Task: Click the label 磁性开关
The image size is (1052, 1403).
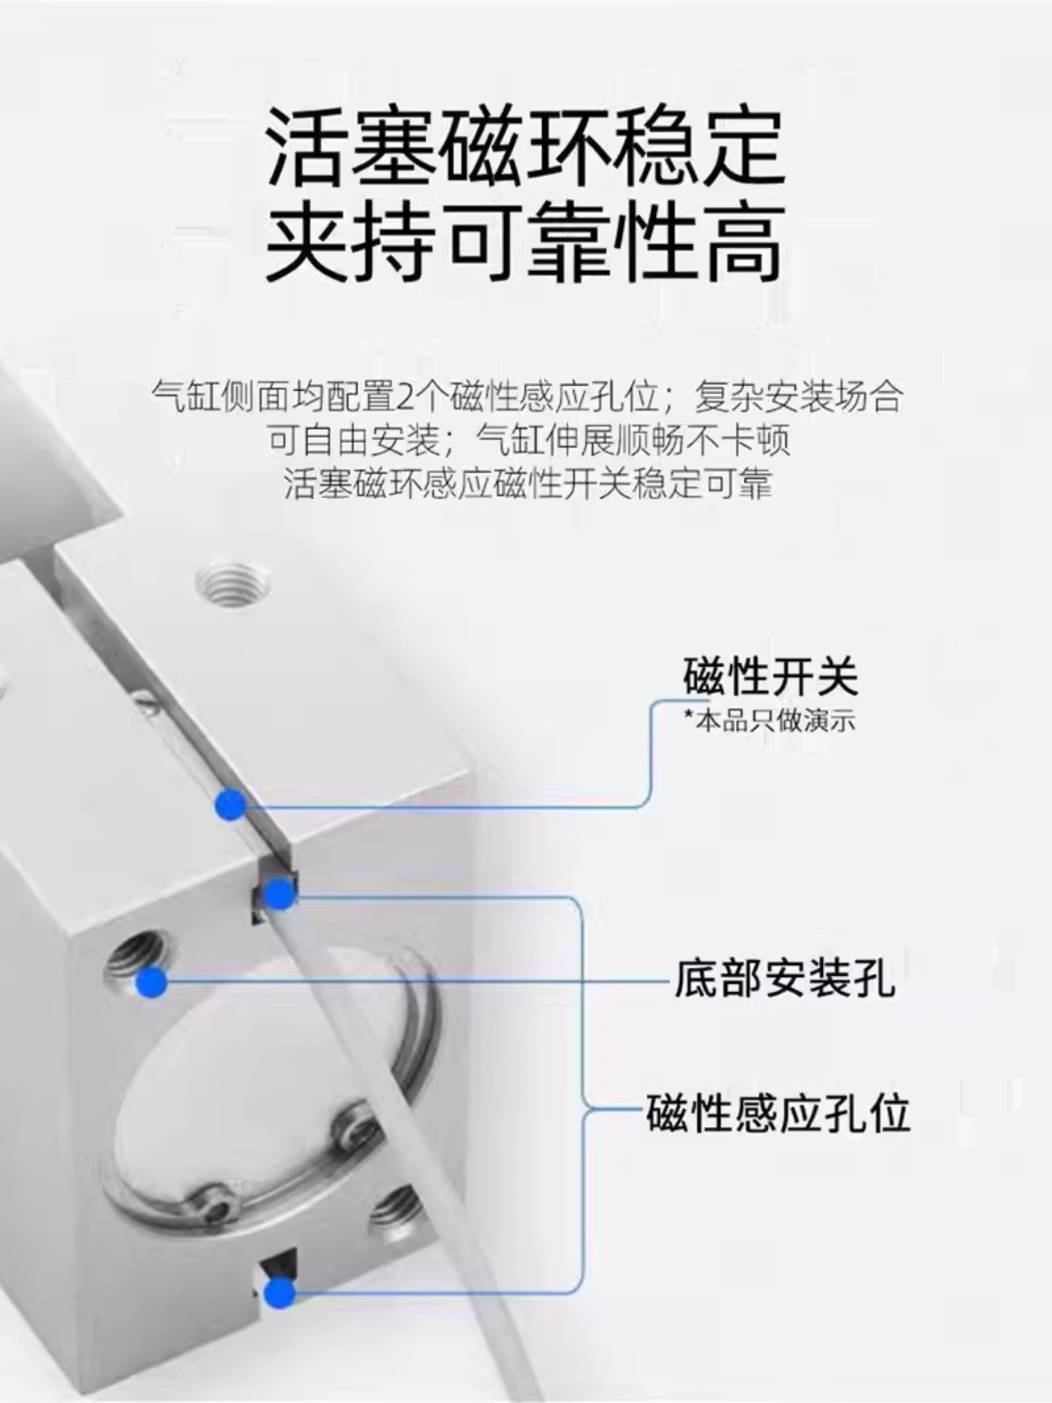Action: point(770,676)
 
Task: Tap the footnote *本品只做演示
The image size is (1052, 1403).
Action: point(769,721)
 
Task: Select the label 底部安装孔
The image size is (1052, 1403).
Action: point(785,979)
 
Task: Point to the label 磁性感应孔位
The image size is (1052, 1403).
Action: point(778,1114)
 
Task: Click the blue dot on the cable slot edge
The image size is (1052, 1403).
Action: point(231,804)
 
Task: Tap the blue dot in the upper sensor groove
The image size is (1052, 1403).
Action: point(280,894)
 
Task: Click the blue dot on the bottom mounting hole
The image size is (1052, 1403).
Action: point(152,982)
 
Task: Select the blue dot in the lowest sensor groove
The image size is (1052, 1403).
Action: point(280,1290)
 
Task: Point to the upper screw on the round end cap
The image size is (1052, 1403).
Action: point(356,1122)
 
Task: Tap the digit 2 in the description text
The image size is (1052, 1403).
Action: point(405,397)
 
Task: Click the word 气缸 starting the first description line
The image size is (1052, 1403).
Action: point(185,397)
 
